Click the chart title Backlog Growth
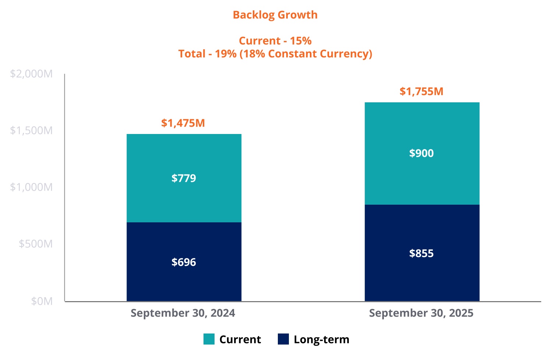coord(275,15)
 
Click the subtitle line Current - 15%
coord(275,40)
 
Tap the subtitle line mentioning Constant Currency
coord(275,54)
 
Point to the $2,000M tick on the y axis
coord(31,74)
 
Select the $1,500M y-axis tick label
coord(31,131)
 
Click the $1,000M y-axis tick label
coord(31,187)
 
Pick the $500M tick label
coord(36,244)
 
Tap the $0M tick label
coord(42,301)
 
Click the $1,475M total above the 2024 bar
coord(183,123)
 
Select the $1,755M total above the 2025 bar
coord(421,91)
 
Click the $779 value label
coord(184,178)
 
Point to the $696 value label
coord(184,262)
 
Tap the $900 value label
coord(421,153)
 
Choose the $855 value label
coord(421,253)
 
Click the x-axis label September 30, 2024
coord(183,313)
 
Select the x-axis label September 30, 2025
coord(421,313)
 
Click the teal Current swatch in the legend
coord(209,339)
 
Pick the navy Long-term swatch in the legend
coord(283,339)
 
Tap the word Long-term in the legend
coord(321,339)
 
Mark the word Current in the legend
coord(240,339)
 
